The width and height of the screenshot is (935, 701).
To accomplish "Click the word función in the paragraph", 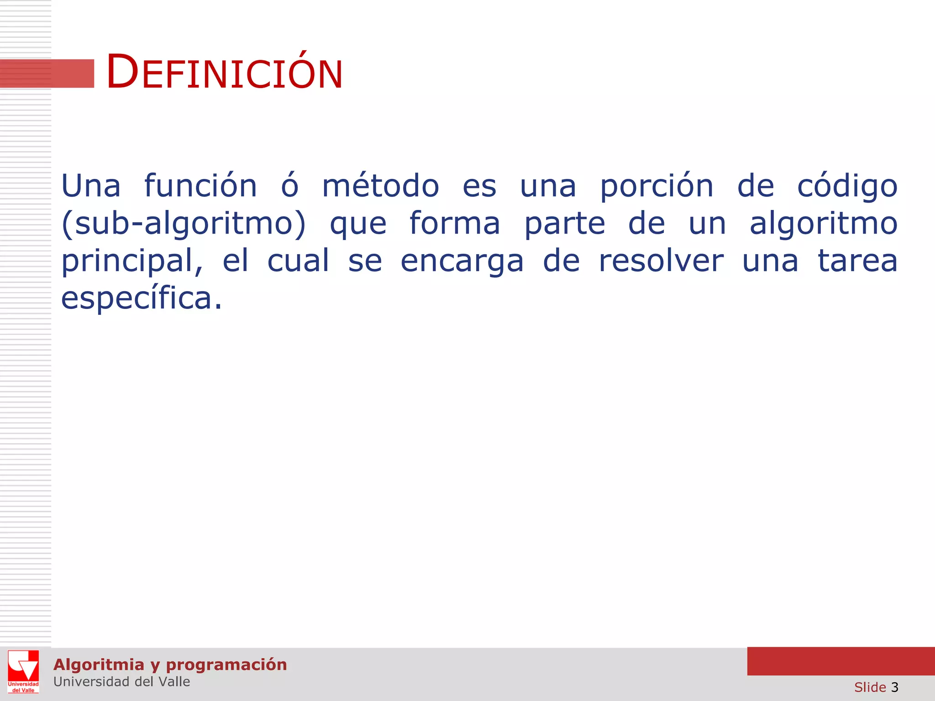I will coord(201,186).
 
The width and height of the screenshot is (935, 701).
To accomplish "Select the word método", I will coord(381,186).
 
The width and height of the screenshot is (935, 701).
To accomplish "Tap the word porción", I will coord(657,186).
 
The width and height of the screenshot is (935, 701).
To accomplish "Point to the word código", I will coord(847,186).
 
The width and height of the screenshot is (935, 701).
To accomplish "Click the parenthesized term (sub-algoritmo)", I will coord(184,224).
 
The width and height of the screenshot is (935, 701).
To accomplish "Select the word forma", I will coord(455,224).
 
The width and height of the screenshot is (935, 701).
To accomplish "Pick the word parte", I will coord(565,224).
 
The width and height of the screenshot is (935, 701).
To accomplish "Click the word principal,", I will coord(132,261).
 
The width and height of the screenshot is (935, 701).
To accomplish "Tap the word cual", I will coord(298,261).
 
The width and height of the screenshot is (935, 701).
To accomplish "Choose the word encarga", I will coord(462,261).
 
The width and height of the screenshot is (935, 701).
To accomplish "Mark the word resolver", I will coord(661,261).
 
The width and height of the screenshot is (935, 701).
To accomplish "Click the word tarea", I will coord(857,261).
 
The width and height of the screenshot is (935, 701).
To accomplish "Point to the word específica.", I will coord(142,298).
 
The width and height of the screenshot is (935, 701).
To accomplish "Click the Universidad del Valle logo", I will coord(23,671).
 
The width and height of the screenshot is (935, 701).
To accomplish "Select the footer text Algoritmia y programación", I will coord(170,664).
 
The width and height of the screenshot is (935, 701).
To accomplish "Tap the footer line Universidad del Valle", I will coord(121,682).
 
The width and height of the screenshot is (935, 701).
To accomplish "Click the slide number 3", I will coord(894,687).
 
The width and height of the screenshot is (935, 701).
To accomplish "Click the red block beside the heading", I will coord(47,73).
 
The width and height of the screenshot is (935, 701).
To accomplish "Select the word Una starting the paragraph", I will coord(91,186).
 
